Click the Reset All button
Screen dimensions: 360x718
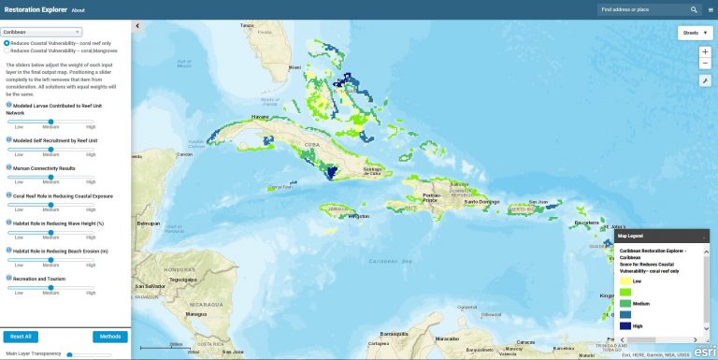(x=21, y=336)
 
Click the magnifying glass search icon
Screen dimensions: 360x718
(x=694, y=9)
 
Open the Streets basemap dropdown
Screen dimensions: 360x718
(x=696, y=33)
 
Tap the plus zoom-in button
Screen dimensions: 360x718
(x=705, y=51)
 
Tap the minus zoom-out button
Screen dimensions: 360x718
(x=705, y=64)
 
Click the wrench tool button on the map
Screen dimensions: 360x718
(x=705, y=80)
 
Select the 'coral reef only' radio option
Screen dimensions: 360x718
(x=7, y=42)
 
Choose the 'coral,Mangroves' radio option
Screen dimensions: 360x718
(x=7, y=50)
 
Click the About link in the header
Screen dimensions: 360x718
(x=79, y=10)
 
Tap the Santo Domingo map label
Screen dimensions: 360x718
(x=483, y=201)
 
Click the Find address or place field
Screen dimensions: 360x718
(x=643, y=9)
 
